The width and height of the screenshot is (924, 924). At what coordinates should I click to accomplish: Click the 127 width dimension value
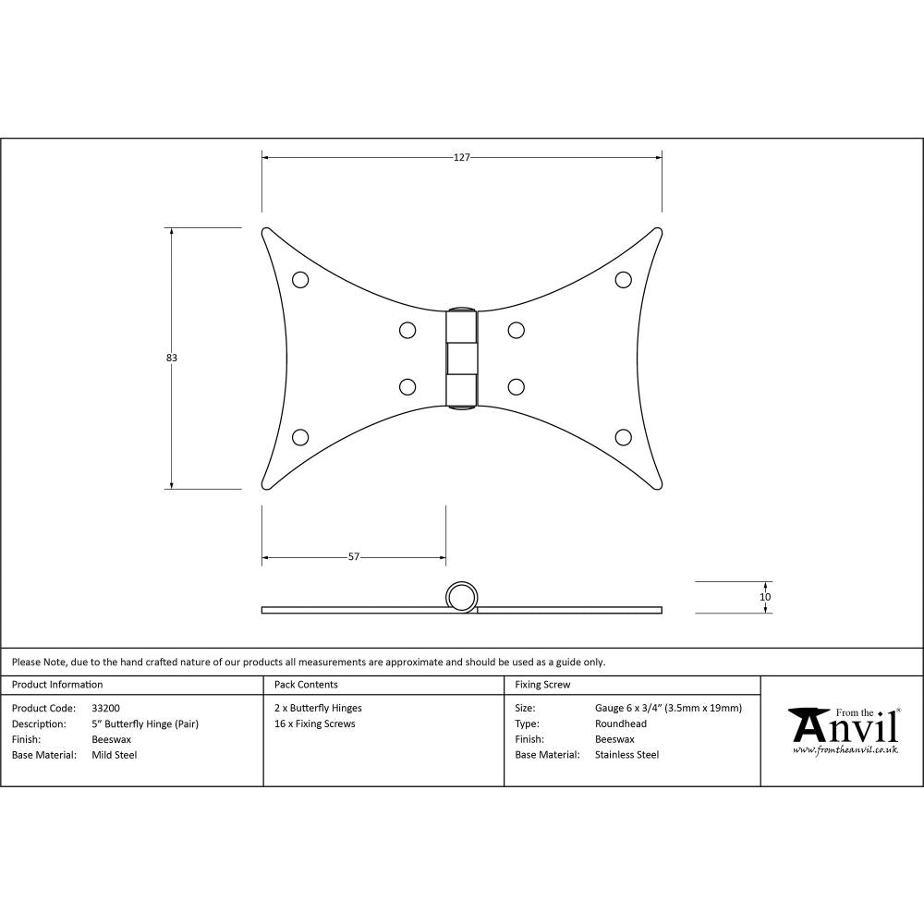(x=462, y=157)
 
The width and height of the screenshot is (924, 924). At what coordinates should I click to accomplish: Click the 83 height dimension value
(x=172, y=358)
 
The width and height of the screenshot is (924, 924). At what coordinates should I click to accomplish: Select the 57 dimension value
(x=353, y=557)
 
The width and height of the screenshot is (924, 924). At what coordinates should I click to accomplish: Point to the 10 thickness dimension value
(x=765, y=597)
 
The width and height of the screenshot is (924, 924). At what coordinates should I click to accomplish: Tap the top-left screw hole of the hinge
(x=299, y=279)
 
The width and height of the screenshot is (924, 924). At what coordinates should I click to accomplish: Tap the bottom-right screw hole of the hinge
(x=623, y=437)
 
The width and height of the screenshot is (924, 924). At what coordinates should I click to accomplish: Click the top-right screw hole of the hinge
(x=623, y=279)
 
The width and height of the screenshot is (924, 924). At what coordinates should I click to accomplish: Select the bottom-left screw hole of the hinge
(x=299, y=437)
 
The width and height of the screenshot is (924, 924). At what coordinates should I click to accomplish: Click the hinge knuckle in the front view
(x=462, y=358)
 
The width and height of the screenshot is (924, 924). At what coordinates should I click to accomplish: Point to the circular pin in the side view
(x=462, y=597)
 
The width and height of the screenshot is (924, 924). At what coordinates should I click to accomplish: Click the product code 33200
(x=105, y=708)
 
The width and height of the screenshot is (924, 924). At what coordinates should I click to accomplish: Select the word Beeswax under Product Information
(x=112, y=739)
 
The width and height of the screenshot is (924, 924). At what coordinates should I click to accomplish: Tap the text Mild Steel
(x=115, y=755)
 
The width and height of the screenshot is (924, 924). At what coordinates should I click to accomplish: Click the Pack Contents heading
(x=306, y=685)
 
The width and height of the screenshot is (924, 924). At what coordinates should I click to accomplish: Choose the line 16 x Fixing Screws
(x=314, y=723)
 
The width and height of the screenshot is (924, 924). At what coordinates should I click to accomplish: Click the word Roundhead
(x=621, y=723)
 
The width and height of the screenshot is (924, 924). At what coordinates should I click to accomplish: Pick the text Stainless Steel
(x=627, y=755)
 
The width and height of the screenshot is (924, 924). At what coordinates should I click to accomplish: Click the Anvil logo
(x=843, y=730)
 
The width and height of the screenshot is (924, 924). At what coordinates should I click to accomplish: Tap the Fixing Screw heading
(x=542, y=685)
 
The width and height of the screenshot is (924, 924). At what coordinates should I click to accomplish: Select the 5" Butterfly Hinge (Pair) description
(x=145, y=723)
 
